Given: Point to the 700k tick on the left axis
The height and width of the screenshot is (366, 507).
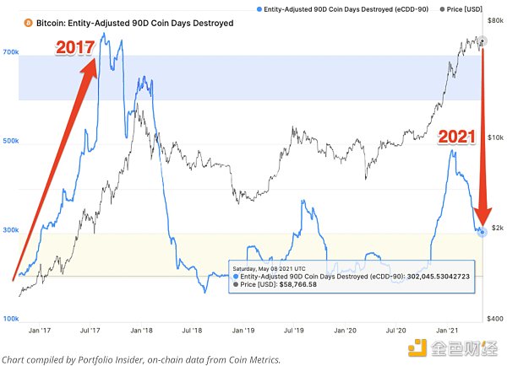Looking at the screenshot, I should tap(10, 52).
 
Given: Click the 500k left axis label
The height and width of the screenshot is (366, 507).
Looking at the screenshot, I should tap(10, 141).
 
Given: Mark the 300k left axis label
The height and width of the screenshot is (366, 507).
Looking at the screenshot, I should tap(10, 229).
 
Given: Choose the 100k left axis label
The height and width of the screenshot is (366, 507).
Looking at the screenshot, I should tap(10, 319).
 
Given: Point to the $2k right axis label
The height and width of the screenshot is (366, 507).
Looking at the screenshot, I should tap(496, 229).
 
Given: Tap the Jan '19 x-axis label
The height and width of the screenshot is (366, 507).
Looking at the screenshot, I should tap(244, 331).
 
